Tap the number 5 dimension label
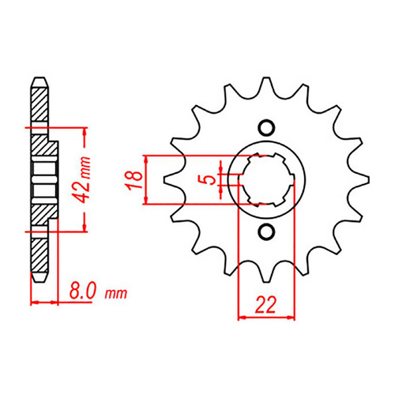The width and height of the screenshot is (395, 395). click(208, 180)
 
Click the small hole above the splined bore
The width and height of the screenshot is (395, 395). click(266, 127)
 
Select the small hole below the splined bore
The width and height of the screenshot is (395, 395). click(266, 231)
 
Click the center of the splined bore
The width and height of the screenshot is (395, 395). click(266, 179)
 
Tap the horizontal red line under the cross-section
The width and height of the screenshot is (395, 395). click(44, 302)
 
